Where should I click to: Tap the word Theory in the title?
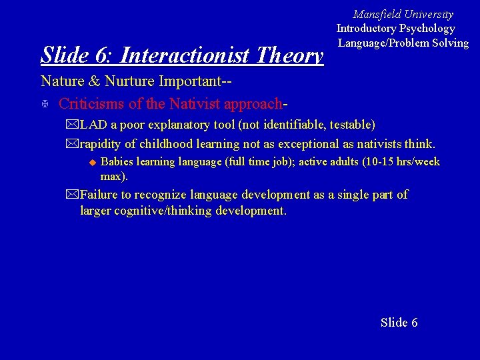tap(289, 55)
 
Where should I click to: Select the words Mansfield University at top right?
tap(403, 14)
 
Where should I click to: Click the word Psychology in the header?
tap(427, 29)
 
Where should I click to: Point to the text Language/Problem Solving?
tap(403, 43)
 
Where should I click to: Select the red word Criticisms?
tap(90, 104)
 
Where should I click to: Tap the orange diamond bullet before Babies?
tap(93, 162)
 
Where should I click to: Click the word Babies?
tap(117, 162)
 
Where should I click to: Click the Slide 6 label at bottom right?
tap(399, 323)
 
